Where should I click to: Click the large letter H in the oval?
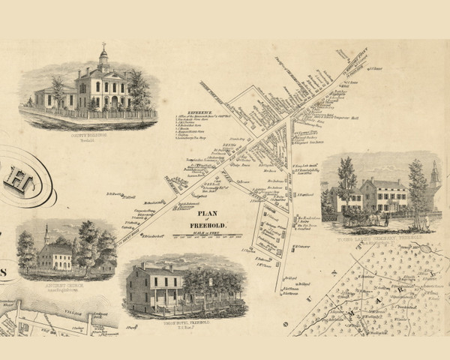click(14, 181)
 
